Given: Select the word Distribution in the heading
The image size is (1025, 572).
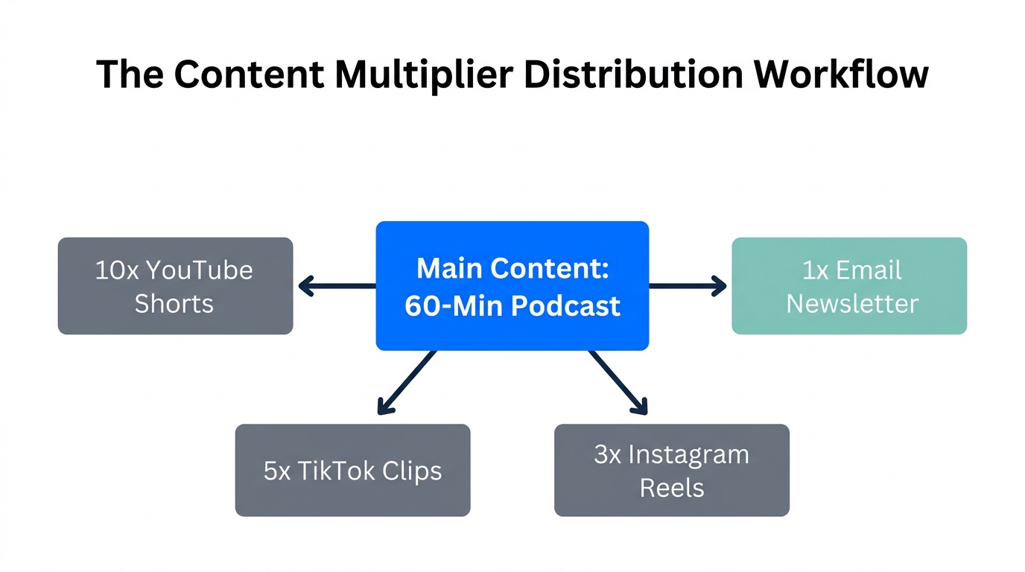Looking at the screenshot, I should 633,74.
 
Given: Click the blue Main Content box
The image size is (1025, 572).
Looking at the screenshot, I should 512,286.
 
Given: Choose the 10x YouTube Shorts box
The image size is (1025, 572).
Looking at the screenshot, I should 175,286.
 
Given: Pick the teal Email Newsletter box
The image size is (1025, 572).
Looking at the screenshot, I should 849,286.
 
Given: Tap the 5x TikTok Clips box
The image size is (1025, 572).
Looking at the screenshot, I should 352,470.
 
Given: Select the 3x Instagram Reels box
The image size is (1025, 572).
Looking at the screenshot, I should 671,470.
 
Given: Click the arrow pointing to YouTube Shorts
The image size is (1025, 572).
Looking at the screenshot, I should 335,285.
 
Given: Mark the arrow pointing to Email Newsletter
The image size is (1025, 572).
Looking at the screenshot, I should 687,285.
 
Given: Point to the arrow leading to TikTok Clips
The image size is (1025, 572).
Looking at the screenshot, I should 406,382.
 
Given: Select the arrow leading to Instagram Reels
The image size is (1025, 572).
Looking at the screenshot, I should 618,382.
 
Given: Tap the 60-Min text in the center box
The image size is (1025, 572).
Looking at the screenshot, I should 445,306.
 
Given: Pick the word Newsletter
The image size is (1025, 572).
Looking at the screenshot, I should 852,304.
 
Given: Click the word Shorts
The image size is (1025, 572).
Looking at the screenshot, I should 174,304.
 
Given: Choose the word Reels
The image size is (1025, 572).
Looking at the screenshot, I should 671,488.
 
